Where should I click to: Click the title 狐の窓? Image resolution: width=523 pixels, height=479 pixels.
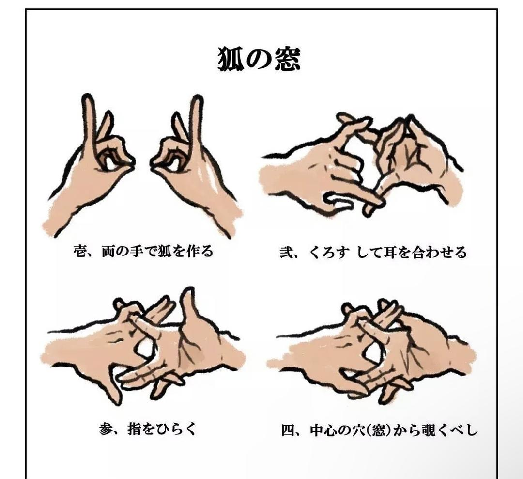pyautogui.click(x=259, y=59)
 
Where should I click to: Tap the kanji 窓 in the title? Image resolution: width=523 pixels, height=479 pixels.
pyautogui.click(x=287, y=59)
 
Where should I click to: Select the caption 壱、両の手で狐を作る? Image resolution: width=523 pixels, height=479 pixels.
pyautogui.click(x=143, y=251)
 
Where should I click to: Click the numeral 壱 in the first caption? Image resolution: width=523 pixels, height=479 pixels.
pyautogui.click(x=80, y=251)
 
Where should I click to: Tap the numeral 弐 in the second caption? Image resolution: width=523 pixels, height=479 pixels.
pyautogui.click(x=286, y=252)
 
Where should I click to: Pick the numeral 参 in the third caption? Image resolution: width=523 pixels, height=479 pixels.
pyautogui.click(x=106, y=429)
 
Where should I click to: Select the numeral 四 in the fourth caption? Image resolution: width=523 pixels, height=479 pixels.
pyautogui.click(x=288, y=430)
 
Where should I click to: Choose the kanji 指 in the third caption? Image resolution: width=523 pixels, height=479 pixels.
pyautogui.click(x=134, y=429)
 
